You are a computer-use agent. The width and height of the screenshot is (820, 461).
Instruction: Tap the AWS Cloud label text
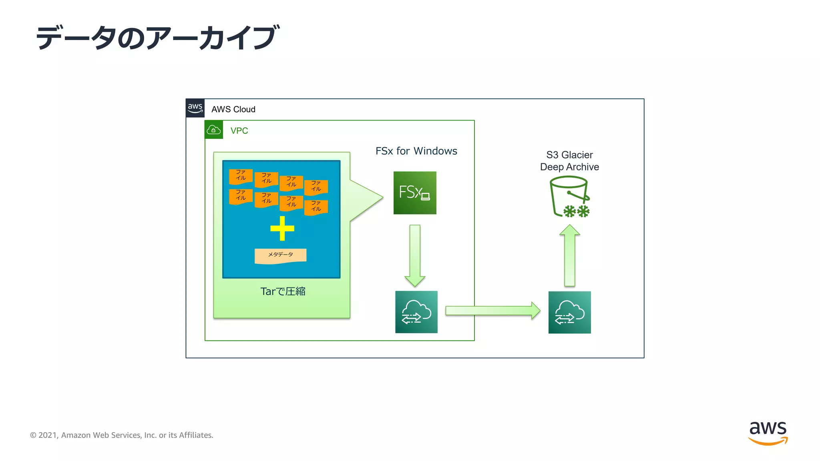point(233,109)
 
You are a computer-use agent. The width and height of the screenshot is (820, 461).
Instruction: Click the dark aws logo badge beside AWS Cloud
point(195,108)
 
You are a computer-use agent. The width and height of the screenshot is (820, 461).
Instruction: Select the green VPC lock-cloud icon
point(213,130)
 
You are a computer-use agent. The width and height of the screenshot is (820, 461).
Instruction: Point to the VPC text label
point(239,131)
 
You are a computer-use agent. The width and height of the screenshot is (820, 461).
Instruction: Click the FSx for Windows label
point(416,151)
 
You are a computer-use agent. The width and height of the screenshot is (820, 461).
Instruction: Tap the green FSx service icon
point(415,193)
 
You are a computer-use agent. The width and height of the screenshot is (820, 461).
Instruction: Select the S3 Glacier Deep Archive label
point(569,161)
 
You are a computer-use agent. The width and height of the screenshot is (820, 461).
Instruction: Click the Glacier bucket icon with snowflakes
point(569,197)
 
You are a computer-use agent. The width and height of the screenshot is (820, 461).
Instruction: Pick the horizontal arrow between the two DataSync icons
point(492,311)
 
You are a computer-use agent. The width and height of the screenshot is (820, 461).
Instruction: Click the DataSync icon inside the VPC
point(416,312)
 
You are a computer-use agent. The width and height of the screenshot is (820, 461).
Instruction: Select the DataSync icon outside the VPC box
point(569,312)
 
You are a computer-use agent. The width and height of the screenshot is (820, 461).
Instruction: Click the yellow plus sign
point(282,228)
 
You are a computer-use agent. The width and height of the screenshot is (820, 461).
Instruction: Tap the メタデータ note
point(280,255)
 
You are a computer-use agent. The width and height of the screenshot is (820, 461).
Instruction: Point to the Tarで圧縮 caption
point(283,291)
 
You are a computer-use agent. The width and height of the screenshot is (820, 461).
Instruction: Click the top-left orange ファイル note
point(241,176)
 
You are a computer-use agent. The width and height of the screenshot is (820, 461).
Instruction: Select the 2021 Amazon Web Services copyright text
point(122,435)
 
